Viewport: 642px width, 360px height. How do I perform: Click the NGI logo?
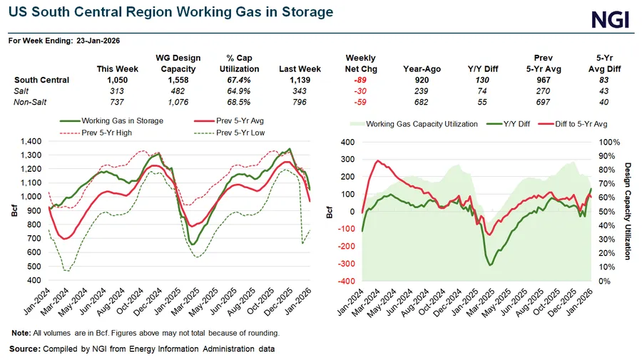click(611, 19)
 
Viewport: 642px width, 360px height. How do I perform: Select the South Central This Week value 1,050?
click(118, 80)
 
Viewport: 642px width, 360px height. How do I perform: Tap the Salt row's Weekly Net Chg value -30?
click(360, 91)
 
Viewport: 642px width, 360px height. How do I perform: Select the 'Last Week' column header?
click(300, 68)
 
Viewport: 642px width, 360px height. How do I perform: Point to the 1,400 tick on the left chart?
click(31, 141)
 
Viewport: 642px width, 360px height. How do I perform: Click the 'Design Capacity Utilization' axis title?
click(628, 210)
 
